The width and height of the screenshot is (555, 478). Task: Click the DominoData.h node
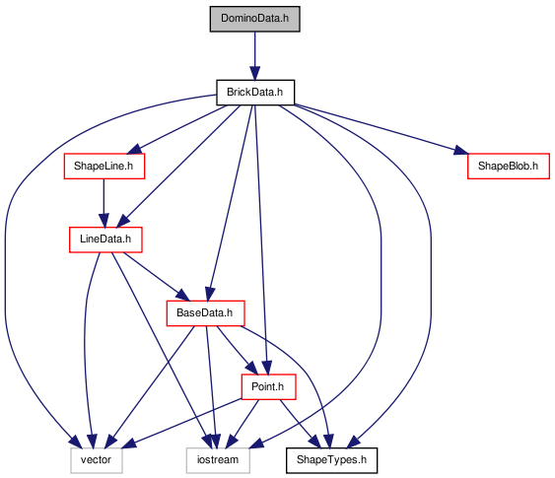pyautogui.click(x=255, y=19)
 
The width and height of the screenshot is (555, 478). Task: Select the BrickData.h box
pyautogui.click(x=255, y=93)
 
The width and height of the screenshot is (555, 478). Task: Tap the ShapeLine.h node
pyautogui.click(x=104, y=166)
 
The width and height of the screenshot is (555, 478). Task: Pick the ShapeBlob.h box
pyautogui.click(x=509, y=166)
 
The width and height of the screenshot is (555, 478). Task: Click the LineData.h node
pyautogui.click(x=105, y=239)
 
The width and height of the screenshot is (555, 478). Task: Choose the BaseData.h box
pyautogui.click(x=205, y=313)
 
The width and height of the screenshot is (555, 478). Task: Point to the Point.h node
pyautogui.click(x=268, y=386)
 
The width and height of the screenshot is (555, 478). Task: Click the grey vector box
pyautogui.click(x=97, y=460)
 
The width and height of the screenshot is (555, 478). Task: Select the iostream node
pyautogui.click(x=218, y=460)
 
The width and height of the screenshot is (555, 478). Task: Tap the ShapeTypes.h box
pyautogui.click(x=331, y=460)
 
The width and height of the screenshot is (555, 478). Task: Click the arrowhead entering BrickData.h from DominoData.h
pyautogui.click(x=255, y=73)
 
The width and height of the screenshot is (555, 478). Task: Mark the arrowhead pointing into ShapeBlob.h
pyautogui.click(x=460, y=151)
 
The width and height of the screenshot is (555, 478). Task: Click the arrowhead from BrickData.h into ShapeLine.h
pyautogui.click(x=134, y=150)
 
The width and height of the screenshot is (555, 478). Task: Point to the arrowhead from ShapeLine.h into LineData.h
pyautogui.click(x=104, y=221)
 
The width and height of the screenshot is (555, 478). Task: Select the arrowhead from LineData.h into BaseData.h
pyautogui.click(x=183, y=296)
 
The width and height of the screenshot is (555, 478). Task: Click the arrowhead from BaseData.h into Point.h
pyautogui.click(x=251, y=369)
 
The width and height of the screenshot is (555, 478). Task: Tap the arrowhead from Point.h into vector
pyautogui.click(x=128, y=444)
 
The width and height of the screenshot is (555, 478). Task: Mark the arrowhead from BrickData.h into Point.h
pyautogui.click(x=267, y=368)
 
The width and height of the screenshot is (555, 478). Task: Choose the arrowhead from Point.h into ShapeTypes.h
pyautogui.click(x=312, y=442)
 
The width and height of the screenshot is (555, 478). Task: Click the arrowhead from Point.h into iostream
pyautogui.click(x=231, y=442)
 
